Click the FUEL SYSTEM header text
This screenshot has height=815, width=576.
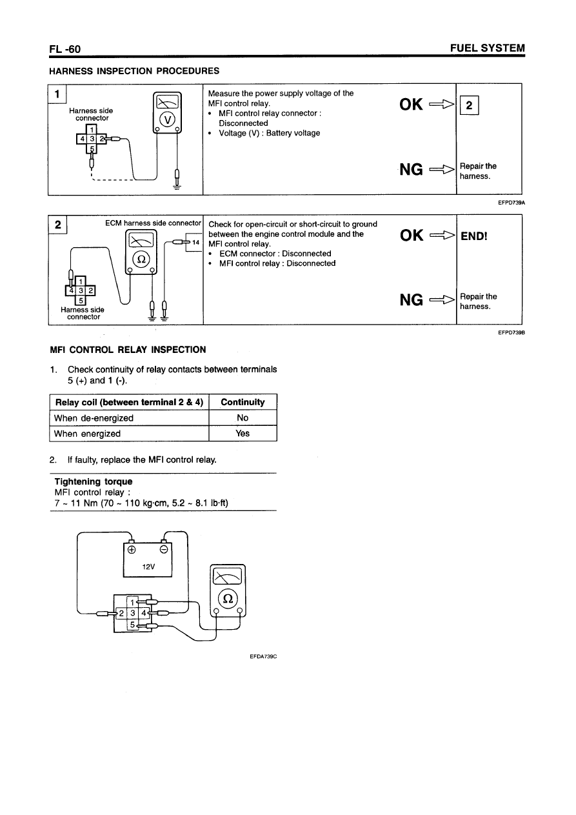point(488,49)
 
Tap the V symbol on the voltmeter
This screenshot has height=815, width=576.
point(167,120)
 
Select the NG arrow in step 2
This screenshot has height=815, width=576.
point(442,301)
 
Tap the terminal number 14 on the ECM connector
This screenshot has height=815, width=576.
point(197,242)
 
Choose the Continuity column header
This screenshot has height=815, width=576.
point(243,402)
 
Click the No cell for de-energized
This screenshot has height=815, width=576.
point(243,418)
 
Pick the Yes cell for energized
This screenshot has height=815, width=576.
point(243,434)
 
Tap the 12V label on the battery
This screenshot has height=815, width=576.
point(148,567)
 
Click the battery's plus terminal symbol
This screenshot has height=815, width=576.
point(132,550)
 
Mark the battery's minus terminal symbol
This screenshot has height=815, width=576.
point(164,550)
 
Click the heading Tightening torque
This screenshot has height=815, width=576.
point(94,482)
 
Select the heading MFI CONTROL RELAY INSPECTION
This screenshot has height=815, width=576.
point(128,350)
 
